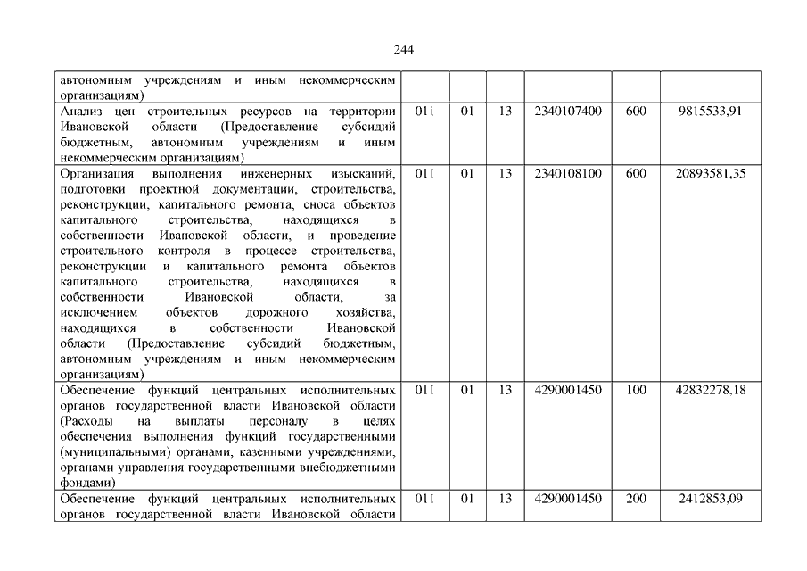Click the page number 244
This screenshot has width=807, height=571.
tap(403, 49)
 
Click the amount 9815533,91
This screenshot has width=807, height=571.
tap(710, 112)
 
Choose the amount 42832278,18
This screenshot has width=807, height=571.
tap(711, 390)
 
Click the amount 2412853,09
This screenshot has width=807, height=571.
tap(711, 498)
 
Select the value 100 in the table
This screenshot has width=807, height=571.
tap(636, 390)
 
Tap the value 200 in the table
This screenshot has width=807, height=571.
tap(636, 498)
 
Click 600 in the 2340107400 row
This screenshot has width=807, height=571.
tap(636, 112)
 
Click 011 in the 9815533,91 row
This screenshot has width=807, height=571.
tap(424, 112)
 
